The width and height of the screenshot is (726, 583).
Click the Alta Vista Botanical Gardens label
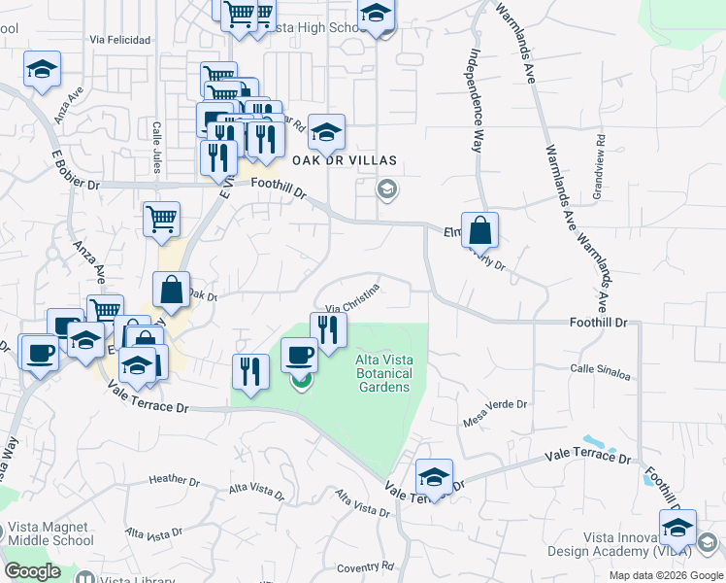coord(383,373)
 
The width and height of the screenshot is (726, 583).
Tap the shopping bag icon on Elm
coord(479,231)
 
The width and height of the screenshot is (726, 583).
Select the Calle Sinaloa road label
coord(600,369)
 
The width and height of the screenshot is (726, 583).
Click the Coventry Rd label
coord(365,566)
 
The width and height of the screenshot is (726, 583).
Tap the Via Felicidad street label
coord(119,41)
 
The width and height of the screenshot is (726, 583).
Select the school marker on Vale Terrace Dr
coord(434,477)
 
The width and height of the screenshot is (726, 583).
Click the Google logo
coord(33,571)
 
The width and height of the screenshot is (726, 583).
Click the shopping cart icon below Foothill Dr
coord(161,219)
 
